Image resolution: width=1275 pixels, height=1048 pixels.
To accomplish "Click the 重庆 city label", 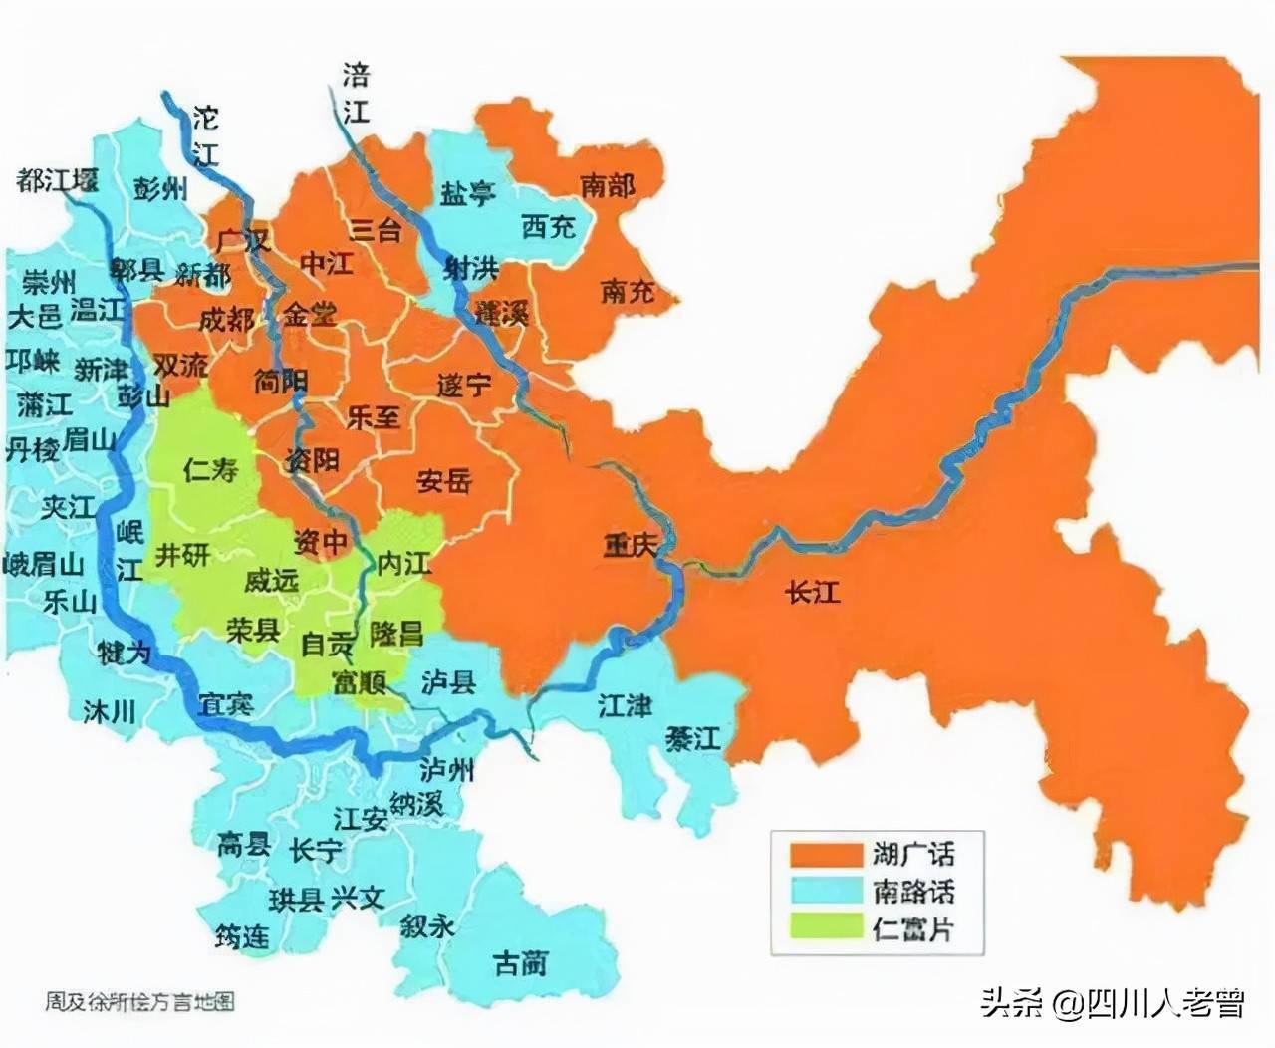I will click(x=632, y=546).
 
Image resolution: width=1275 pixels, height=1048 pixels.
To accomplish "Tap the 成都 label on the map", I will click(x=226, y=321).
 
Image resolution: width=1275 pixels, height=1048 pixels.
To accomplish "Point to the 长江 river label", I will click(x=813, y=594).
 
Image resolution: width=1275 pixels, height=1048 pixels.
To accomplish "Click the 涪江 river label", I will click(x=356, y=93).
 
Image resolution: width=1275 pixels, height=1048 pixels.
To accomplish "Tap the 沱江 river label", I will click(x=205, y=134).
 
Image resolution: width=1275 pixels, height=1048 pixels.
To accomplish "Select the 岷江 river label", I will click(x=129, y=550).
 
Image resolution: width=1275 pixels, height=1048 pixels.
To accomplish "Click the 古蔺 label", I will click(x=521, y=963).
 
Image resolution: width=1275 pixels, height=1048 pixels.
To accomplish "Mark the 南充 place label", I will click(x=629, y=292).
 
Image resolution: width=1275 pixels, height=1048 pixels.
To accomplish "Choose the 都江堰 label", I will click(x=58, y=181).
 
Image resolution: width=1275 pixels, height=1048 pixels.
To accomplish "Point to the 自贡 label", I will click(x=328, y=646).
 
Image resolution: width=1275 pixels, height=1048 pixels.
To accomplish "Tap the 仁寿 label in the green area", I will click(x=211, y=469).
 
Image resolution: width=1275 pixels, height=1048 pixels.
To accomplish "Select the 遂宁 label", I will click(x=464, y=385).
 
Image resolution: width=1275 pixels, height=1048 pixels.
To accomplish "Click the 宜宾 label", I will click(x=226, y=704).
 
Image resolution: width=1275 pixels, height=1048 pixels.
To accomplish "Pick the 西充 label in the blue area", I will click(x=549, y=227).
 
